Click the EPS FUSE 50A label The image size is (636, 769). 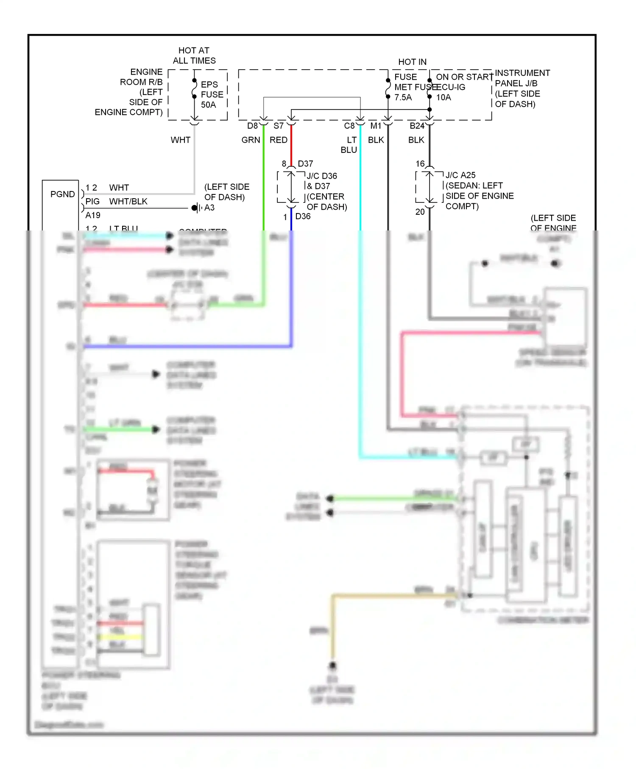pos(212,95)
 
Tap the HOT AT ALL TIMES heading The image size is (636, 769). pos(194,56)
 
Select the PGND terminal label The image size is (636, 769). pos(62,194)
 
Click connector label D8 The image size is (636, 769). pos(252,126)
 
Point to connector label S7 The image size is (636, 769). pos(278,126)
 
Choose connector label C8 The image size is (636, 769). pos(349,126)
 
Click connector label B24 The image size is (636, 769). pos(416,126)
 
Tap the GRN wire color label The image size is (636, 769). pos(251,140)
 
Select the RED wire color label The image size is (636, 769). pos(278,140)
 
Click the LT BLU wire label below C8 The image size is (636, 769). pos(349,145)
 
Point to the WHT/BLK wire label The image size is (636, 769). pos(128,202)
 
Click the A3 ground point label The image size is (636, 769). pos(209,208)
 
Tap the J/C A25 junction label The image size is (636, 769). pos(460,175)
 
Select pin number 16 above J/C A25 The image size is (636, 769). pos(420,164)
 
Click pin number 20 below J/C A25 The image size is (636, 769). pos(420,212)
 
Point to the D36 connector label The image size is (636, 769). pos(303,216)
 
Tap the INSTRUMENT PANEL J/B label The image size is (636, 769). pos(522,78)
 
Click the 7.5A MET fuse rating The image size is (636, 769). pos(403,98)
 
